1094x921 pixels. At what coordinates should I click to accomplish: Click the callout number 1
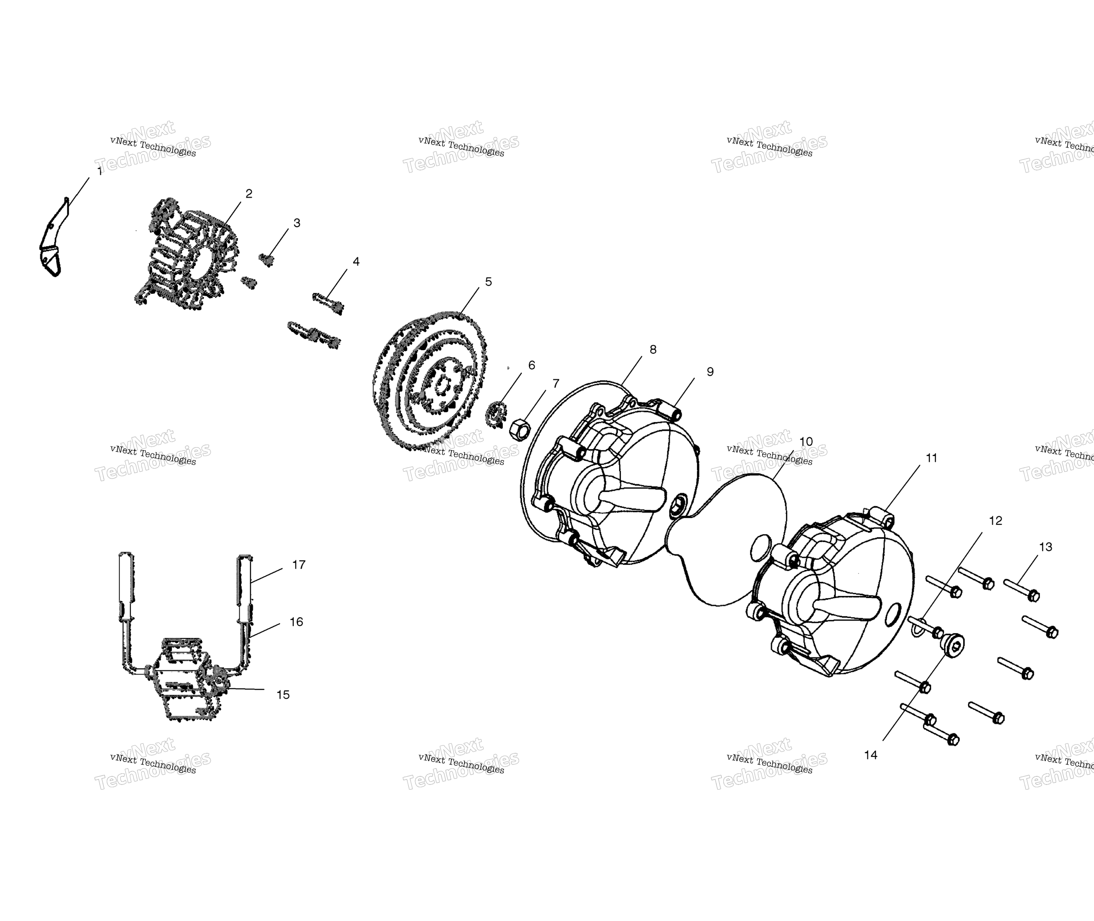coord(100,171)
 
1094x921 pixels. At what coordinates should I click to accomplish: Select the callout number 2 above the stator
coord(249,194)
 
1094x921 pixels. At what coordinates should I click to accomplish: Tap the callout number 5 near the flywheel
coord(488,282)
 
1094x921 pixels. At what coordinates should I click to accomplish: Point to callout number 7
coord(556,384)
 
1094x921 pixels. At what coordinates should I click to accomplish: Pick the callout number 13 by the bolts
coord(1045,547)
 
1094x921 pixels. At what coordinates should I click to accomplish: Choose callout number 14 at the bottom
coord(870,755)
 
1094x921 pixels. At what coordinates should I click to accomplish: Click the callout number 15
coord(283,695)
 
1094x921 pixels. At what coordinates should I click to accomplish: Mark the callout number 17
coord(299,565)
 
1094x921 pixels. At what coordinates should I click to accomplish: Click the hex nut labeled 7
coord(520,430)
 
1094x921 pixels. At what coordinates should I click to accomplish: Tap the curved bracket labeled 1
coord(52,238)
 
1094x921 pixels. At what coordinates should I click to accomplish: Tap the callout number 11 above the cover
coord(932,458)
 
